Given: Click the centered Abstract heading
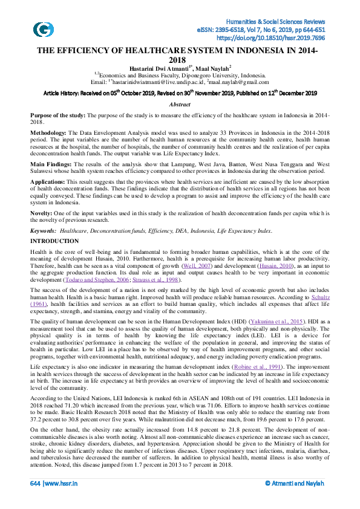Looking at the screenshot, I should (180, 105).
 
